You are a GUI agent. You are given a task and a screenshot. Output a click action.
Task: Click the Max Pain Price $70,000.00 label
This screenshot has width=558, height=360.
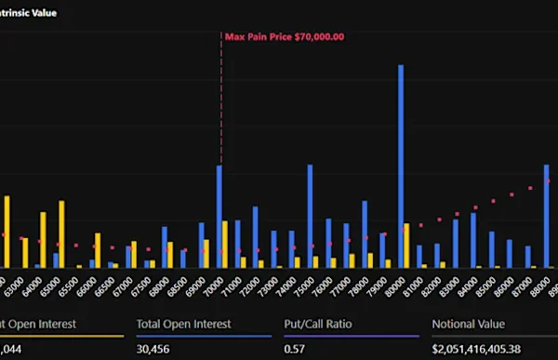(285, 37)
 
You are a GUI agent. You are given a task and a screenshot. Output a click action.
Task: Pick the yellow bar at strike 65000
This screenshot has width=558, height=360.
(61, 233)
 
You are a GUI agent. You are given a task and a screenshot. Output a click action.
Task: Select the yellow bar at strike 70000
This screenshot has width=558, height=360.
(225, 244)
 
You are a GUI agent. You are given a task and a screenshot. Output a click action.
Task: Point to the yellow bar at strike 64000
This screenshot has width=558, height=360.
(43, 239)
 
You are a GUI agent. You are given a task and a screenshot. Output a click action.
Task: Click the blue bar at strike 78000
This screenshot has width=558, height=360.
(365, 233)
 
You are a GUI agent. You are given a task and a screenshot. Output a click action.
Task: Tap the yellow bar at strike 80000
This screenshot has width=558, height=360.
(406, 245)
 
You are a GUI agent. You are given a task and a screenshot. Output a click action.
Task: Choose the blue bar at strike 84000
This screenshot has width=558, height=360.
(473, 240)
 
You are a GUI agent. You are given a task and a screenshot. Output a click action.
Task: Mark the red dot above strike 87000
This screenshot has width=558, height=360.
(528, 189)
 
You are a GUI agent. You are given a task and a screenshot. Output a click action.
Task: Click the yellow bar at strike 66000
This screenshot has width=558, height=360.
(98, 249)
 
